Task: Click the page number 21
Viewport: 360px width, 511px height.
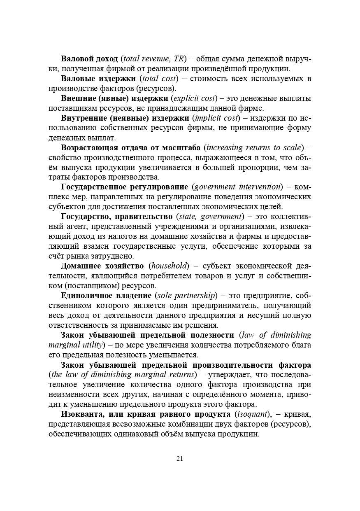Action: coord(180,459)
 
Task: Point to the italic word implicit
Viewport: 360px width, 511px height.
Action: coord(209,118)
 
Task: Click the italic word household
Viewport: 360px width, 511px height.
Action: coord(168,266)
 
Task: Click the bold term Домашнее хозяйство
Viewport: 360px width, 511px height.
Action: coord(102,266)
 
